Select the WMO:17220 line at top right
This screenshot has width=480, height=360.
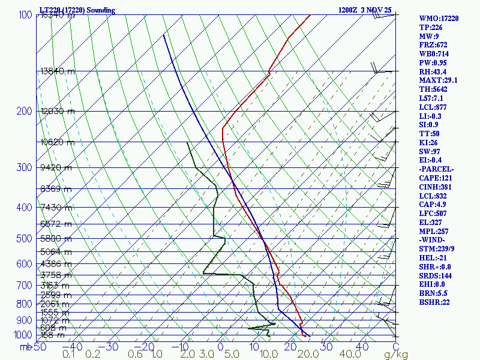tap(439, 19)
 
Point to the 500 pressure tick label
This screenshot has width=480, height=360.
tap(25, 239)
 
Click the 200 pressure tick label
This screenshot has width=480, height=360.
tap(25, 111)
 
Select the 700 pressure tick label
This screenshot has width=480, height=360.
tap(25, 286)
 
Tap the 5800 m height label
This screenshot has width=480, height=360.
tap(56, 238)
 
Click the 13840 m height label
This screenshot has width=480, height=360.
tap(58, 71)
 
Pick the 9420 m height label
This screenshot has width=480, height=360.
tap(56, 167)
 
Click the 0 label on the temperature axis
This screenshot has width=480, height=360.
tap(221, 347)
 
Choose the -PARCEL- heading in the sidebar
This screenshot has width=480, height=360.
tap(437, 169)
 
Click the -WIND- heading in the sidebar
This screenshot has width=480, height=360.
tap(433, 240)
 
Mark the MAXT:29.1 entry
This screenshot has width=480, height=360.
tap(438, 80)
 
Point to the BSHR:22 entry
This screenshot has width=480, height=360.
tap(434, 302)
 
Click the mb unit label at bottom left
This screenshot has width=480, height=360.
tap(26, 347)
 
